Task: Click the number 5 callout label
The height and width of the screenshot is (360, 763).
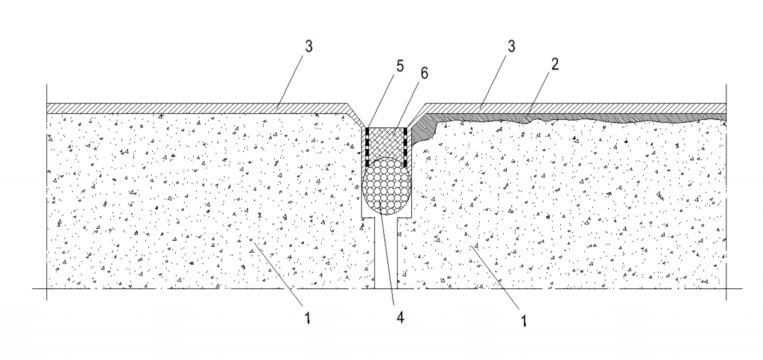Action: pyautogui.click(x=399, y=66)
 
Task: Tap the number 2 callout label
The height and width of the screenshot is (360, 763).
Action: pyautogui.click(x=554, y=64)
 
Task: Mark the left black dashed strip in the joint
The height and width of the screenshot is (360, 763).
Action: pyautogui.click(x=367, y=146)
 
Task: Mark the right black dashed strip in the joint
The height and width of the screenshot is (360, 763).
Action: pyautogui.click(x=405, y=146)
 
